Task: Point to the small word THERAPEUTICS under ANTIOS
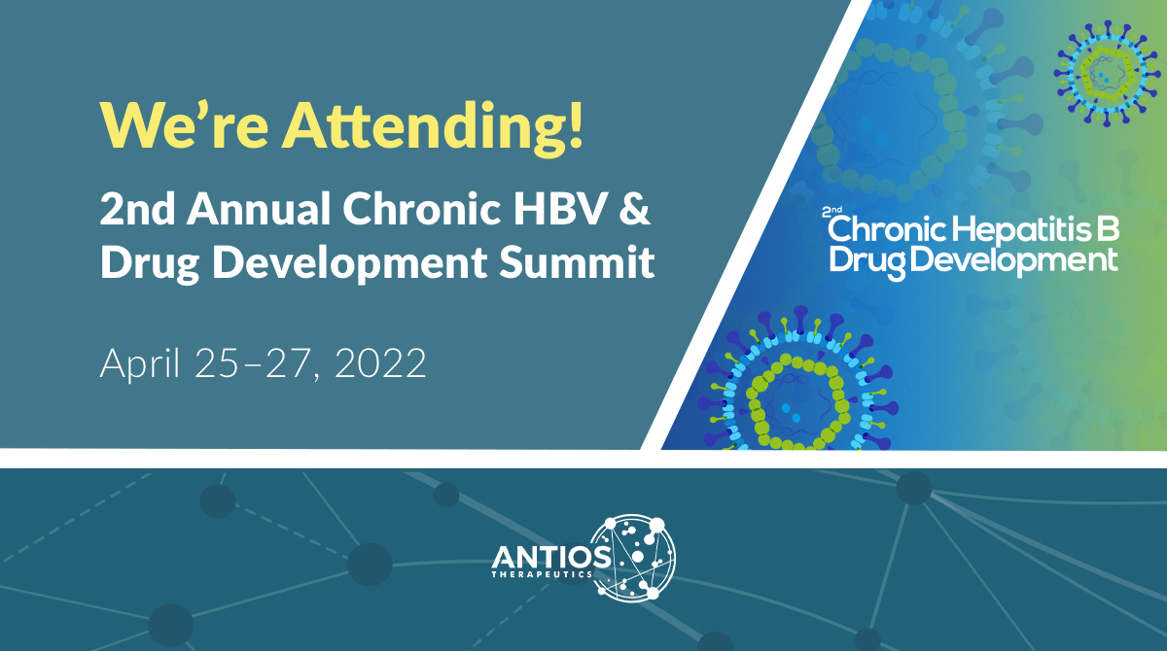(551, 574)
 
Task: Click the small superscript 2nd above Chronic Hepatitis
(832, 210)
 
